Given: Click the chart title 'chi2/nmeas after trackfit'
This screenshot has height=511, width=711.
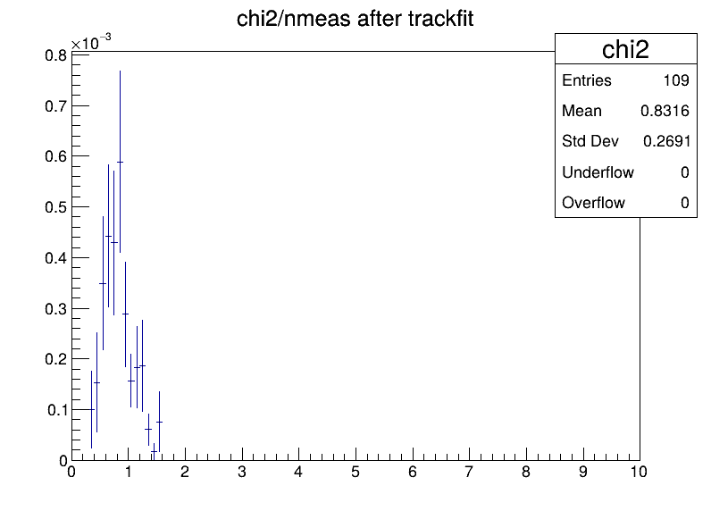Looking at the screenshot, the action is click(x=355, y=19).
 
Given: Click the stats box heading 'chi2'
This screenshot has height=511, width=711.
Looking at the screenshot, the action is click(x=625, y=49).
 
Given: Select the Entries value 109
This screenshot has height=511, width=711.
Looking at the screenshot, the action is click(x=676, y=80).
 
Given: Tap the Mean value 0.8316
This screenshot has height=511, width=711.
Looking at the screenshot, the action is click(x=665, y=111).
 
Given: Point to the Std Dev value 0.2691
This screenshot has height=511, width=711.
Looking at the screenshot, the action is click(x=666, y=141).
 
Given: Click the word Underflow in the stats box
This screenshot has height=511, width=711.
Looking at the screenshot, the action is click(x=598, y=172).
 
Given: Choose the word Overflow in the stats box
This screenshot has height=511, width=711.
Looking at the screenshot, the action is click(x=593, y=203).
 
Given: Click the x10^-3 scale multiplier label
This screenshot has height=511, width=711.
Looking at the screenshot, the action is click(x=91, y=42).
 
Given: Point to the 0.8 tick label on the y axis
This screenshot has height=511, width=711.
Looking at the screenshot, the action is click(x=55, y=55).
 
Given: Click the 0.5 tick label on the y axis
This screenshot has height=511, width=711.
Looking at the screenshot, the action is click(x=55, y=207).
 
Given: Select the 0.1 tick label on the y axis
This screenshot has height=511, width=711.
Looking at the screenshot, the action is click(x=57, y=410).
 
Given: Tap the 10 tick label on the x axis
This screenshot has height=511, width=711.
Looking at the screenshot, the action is click(x=639, y=472).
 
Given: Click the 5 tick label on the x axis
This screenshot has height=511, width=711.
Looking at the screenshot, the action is click(x=355, y=472).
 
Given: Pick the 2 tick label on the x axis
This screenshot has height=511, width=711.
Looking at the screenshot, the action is click(x=185, y=472).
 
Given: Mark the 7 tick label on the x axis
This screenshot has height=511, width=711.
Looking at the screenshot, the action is click(x=469, y=472).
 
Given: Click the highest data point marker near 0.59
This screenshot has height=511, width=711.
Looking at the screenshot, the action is click(x=120, y=162).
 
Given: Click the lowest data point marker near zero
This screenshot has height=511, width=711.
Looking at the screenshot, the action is click(x=154, y=452).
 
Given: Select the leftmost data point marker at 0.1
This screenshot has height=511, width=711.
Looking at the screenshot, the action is click(x=92, y=409).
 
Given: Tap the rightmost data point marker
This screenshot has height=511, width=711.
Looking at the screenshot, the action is click(x=159, y=422).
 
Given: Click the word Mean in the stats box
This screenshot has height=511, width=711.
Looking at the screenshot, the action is click(x=581, y=111).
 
